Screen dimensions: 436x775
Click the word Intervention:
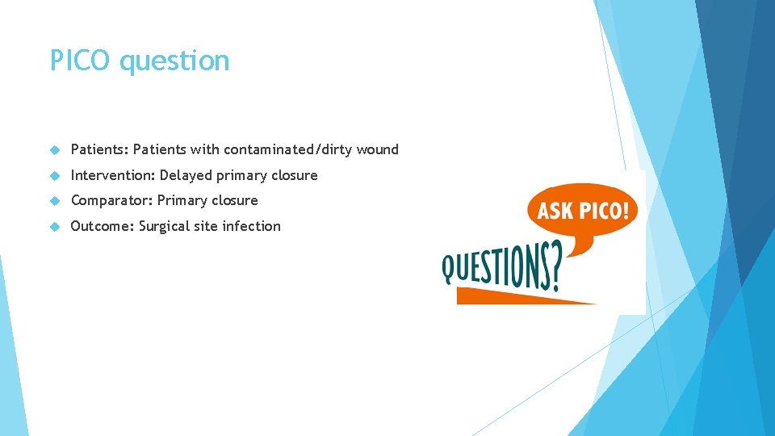(113, 175)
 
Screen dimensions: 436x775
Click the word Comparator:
(111, 200)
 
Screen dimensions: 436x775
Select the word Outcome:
(103, 226)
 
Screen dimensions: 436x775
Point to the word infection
(251, 226)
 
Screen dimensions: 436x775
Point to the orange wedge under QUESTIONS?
(517, 297)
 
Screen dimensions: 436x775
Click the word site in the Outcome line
(207, 226)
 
